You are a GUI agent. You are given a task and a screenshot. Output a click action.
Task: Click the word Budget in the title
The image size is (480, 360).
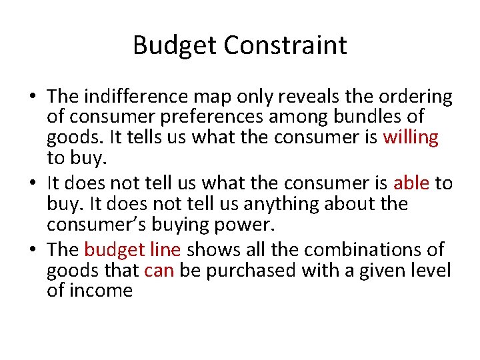pos(175,45)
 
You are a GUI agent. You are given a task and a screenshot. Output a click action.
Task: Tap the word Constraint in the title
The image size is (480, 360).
pos(285,45)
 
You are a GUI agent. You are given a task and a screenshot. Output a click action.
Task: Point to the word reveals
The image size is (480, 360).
pos(304,97)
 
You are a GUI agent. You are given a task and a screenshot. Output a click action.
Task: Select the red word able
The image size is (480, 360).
pos(411,183)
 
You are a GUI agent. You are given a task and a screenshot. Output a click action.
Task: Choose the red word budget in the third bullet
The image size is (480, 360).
pos(111,250)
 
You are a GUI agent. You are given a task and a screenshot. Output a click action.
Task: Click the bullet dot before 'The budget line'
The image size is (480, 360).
pos(32,251)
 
